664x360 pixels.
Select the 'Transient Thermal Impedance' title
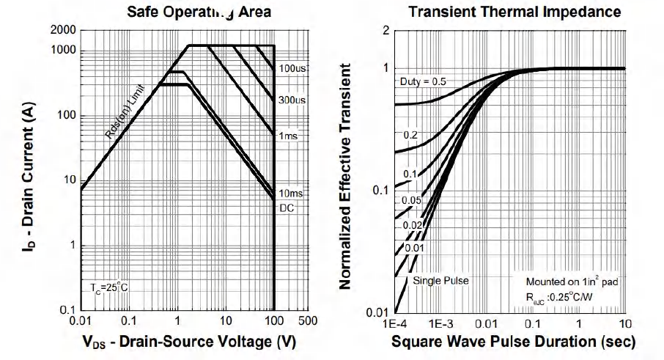click(x=514, y=12)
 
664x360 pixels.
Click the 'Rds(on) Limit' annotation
click(x=124, y=112)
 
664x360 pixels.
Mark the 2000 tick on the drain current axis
click(x=63, y=30)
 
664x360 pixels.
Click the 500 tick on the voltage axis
click(x=307, y=322)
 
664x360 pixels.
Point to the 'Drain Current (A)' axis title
click(x=30, y=173)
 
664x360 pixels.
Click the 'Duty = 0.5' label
click(x=422, y=81)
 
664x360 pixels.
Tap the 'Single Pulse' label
click(x=440, y=280)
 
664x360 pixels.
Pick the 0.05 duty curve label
click(x=412, y=199)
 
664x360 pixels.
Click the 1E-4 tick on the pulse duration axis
click(x=394, y=323)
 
